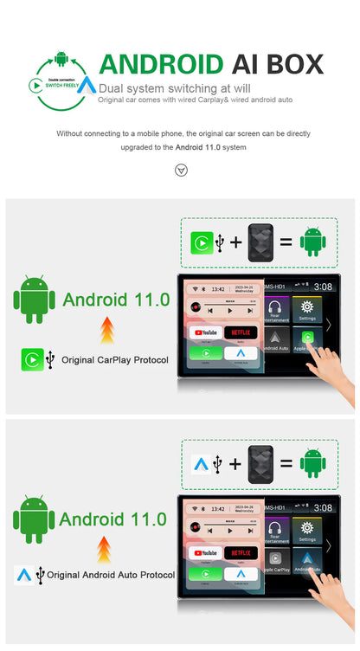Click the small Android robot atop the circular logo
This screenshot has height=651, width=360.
coord(61,59)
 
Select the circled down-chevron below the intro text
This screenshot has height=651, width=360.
coord(181,170)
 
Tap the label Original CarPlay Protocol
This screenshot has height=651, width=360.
coord(114,359)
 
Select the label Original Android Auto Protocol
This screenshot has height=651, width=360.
coord(110,574)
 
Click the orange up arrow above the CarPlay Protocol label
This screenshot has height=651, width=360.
coord(107,329)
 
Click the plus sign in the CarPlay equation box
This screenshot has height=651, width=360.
coord(235,242)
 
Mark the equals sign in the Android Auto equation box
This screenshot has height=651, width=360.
coord(286,464)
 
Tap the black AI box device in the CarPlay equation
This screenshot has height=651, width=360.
coord(260,242)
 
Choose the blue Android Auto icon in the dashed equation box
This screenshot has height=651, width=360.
coord(202,464)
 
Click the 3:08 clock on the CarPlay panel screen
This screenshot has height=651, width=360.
coord(322,286)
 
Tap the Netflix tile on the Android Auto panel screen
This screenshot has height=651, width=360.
coord(241,552)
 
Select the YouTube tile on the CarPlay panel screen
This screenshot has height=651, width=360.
coord(205,332)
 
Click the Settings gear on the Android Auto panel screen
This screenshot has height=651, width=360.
coord(305,530)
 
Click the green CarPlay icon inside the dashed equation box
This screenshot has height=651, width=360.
coord(202,242)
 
